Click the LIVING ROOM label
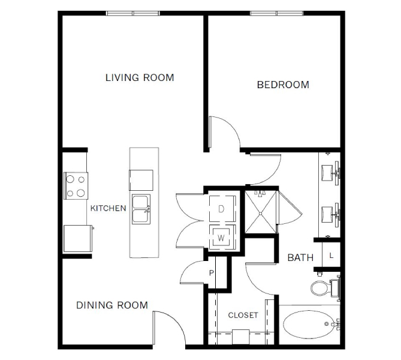(x=140, y=77)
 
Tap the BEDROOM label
(x=283, y=85)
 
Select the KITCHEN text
(x=108, y=208)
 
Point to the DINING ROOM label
(x=112, y=305)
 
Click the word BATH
(x=300, y=257)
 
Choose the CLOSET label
(x=243, y=315)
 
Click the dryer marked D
(x=222, y=209)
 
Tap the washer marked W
(x=221, y=238)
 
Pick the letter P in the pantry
(x=211, y=273)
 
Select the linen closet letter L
(x=331, y=256)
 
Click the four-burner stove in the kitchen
(x=76, y=186)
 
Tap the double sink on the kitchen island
(x=141, y=209)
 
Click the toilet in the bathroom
(x=325, y=288)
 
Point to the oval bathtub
(x=309, y=325)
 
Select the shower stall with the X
(x=261, y=212)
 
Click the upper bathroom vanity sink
(x=330, y=173)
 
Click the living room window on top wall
(x=132, y=13)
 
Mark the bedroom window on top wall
(x=277, y=13)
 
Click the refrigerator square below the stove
(x=78, y=238)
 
